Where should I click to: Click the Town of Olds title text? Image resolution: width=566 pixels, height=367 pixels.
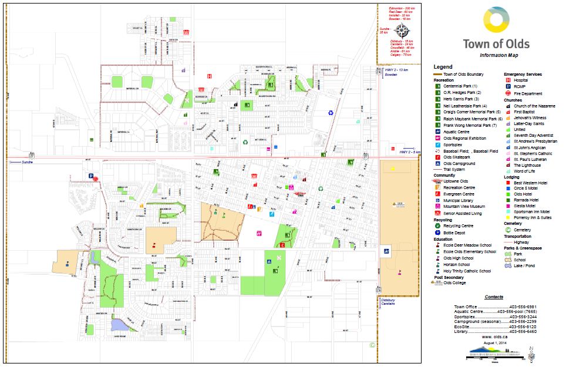click(496, 44)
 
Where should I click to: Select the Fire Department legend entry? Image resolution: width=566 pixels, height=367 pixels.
click(527, 93)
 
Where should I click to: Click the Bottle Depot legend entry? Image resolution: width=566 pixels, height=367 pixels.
click(455, 233)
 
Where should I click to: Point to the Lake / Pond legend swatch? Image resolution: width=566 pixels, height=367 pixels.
click(508, 266)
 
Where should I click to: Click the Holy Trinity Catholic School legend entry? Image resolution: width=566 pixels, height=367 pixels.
click(467, 271)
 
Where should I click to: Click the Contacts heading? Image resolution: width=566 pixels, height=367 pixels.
click(494, 297)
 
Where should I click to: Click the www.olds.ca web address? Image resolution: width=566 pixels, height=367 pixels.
click(494, 337)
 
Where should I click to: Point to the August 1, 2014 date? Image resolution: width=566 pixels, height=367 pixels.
click(494, 343)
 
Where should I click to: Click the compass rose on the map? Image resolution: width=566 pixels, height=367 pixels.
click(402, 31)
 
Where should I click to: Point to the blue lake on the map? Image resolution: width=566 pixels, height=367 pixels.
click(119, 324)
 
